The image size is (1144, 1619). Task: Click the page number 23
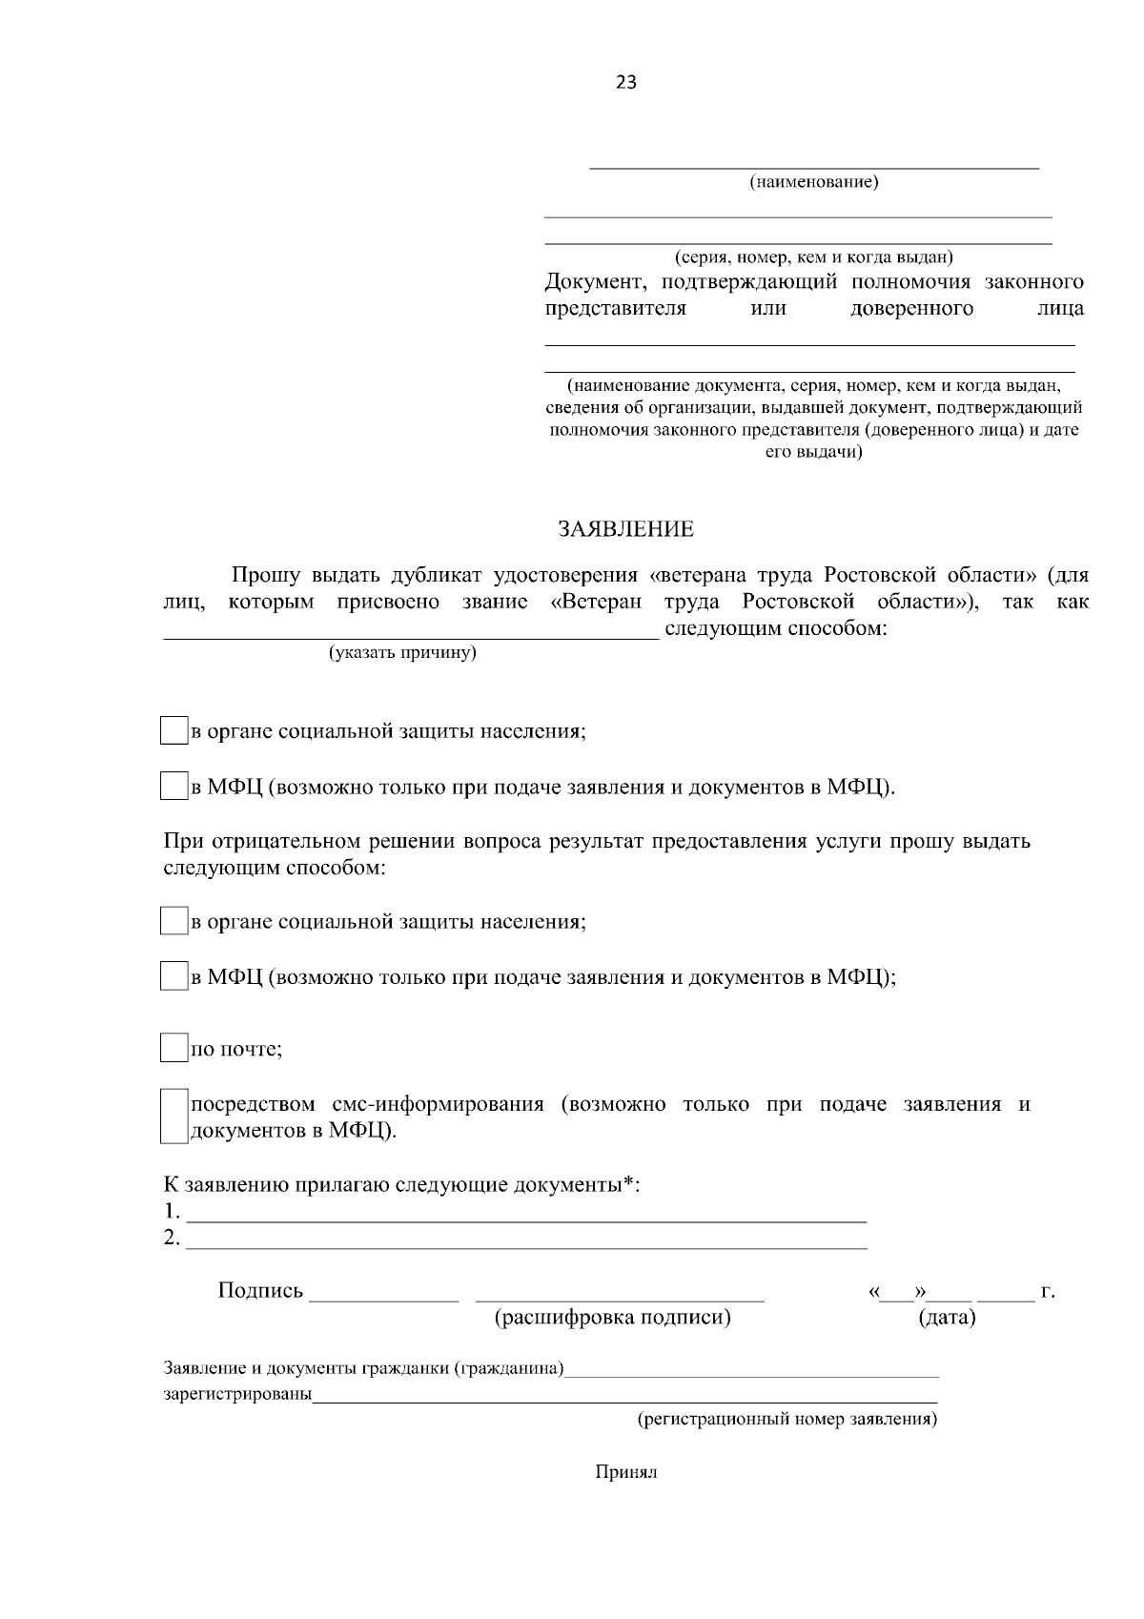tap(626, 83)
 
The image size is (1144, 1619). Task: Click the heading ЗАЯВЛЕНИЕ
tap(626, 529)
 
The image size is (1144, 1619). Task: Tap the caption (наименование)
tap(813, 182)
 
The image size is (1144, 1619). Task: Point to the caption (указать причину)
tap(402, 653)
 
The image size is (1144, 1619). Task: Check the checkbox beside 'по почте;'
tap(174, 1048)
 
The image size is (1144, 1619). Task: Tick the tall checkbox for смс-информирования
tap(174, 1117)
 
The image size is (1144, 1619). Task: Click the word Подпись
tap(260, 1291)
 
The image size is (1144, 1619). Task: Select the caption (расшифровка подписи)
tap(612, 1318)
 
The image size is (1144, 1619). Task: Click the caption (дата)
tap(946, 1318)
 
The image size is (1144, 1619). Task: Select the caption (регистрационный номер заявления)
tap(786, 1420)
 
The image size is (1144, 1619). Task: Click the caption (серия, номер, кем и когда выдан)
tap(813, 257)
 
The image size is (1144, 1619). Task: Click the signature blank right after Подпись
tap(384, 1295)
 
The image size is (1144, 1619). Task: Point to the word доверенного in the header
tap(911, 309)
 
